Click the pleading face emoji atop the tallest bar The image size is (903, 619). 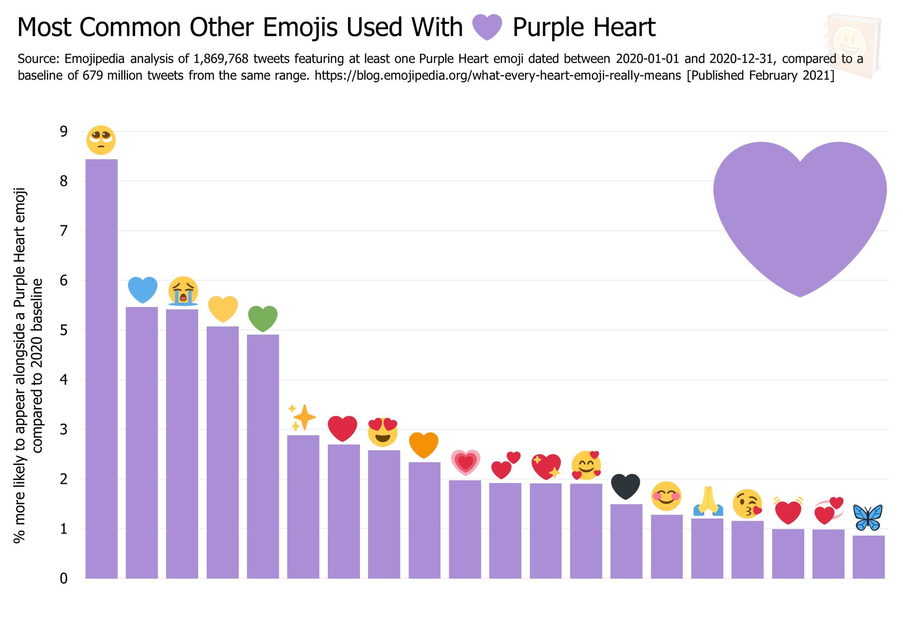101,140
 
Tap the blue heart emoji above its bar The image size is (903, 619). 143,289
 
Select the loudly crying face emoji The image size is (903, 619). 183,291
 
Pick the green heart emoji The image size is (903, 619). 263,318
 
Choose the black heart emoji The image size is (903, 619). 626,487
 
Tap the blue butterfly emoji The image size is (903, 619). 868,517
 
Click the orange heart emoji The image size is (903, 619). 424,445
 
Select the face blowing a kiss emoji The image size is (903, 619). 747,504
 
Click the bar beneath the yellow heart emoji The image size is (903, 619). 223,451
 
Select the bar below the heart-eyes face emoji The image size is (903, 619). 384,515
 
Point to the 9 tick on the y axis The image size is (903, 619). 63,131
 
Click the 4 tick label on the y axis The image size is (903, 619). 63,380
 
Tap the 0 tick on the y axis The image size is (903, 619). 63,578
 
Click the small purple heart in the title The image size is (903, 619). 487,27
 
